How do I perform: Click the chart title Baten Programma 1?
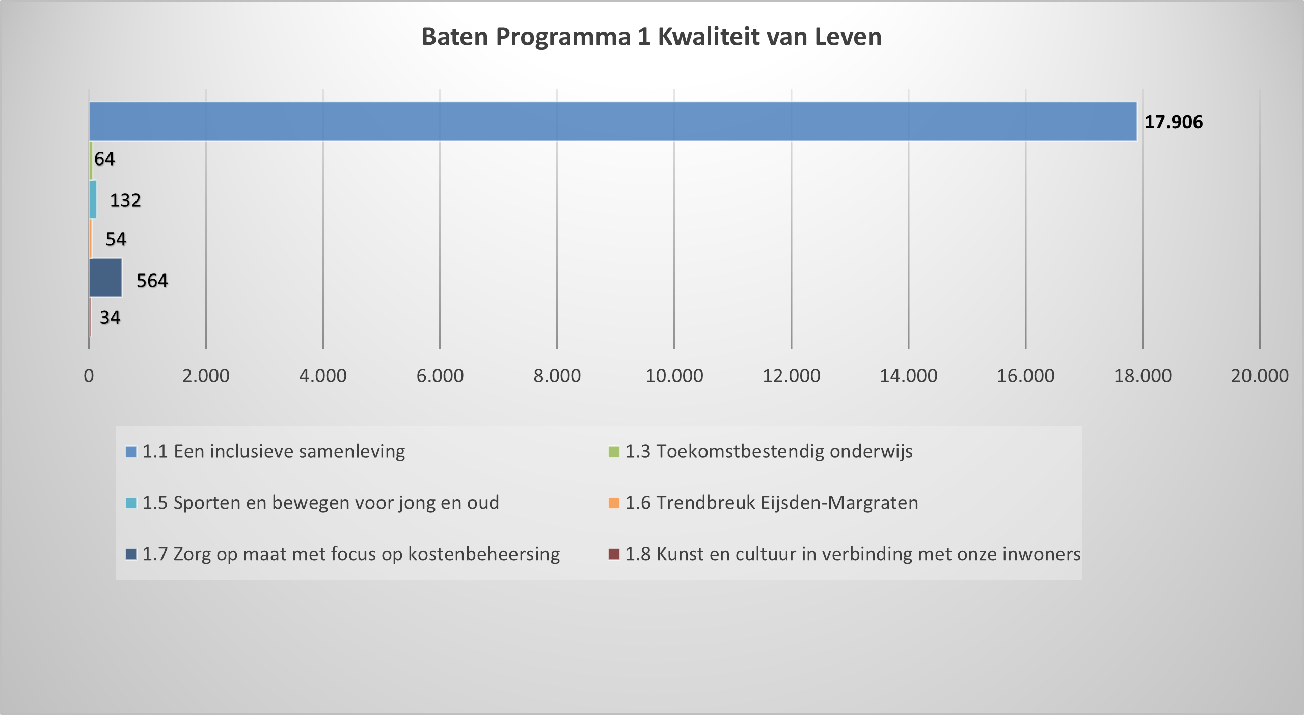(651, 37)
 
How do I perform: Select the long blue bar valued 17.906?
(611, 121)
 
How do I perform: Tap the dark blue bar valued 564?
(105, 278)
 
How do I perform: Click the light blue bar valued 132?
(93, 200)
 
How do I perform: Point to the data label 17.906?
(1173, 122)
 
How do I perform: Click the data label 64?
(104, 159)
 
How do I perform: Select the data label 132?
(125, 200)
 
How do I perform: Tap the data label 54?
(116, 239)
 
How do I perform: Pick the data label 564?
(152, 281)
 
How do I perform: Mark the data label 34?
(110, 318)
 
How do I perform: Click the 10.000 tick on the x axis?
(674, 376)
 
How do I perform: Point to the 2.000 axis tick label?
(206, 376)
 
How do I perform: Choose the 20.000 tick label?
(1259, 376)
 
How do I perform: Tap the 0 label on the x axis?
(89, 376)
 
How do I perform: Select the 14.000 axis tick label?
(908, 376)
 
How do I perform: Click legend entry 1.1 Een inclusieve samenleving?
(273, 452)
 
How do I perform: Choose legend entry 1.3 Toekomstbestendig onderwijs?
(768, 452)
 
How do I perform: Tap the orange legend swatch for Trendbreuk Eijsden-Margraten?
(614, 503)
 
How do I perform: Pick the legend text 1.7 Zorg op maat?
(350, 554)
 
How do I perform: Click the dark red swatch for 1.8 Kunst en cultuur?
(614, 554)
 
